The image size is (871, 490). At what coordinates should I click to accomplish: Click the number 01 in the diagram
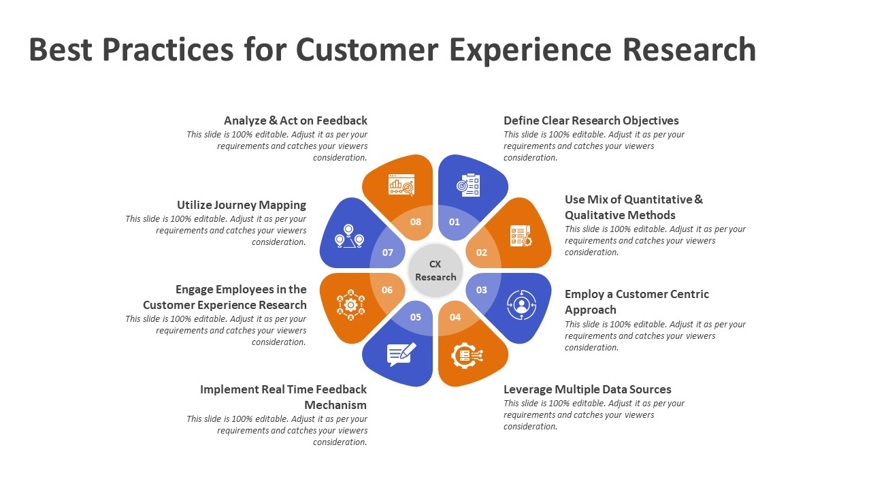tap(455, 222)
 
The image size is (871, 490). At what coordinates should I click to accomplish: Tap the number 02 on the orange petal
tap(482, 252)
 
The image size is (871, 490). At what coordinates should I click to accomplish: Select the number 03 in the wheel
tap(482, 290)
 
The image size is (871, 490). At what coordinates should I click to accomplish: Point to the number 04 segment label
tap(455, 317)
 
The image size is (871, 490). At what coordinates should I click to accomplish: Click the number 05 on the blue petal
tap(416, 317)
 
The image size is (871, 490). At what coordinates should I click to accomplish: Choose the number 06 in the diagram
tap(387, 290)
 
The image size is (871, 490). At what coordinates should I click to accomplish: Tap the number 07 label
tap(388, 252)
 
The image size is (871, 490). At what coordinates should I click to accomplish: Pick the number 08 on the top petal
tap(416, 222)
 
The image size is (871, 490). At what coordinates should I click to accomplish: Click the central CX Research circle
tap(435, 271)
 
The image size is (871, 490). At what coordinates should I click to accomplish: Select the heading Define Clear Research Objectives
tap(591, 120)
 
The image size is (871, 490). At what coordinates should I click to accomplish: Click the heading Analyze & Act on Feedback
tap(295, 120)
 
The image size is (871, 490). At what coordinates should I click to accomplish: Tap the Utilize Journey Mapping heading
tap(242, 205)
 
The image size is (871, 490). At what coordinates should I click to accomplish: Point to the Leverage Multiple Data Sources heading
tap(587, 389)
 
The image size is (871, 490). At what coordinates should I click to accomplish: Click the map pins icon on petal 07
tap(349, 236)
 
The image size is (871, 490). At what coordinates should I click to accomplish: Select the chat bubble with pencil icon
tap(401, 354)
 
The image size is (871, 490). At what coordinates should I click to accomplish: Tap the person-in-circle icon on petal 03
tap(522, 305)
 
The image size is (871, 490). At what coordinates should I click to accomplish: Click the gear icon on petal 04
tap(467, 355)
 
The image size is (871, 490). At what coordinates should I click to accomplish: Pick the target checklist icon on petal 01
tap(469, 185)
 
